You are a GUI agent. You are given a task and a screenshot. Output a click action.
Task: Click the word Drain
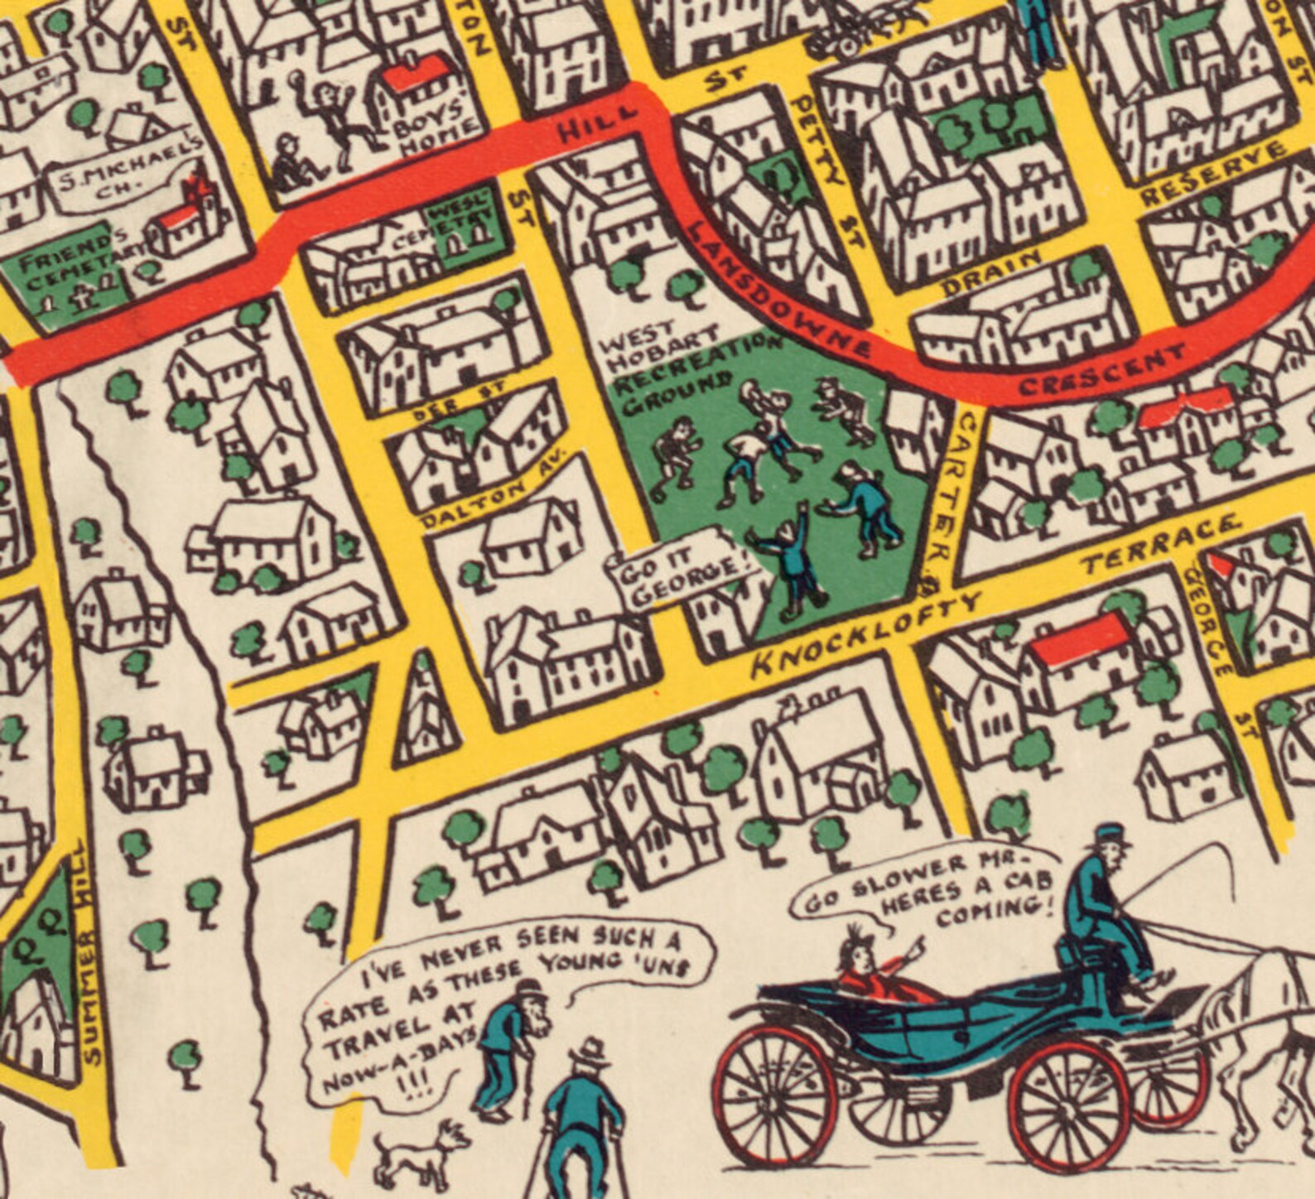[990, 270]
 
